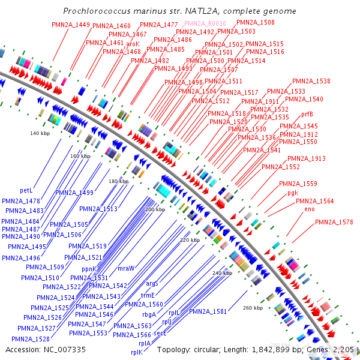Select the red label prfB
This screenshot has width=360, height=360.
point(307,113)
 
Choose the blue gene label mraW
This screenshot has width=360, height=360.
point(126,268)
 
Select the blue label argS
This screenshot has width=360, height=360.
point(152,283)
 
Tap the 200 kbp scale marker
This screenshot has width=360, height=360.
point(155,209)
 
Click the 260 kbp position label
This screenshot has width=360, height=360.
point(253,308)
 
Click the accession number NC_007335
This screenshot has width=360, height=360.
point(61,349)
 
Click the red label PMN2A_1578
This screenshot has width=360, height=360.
point(334,223)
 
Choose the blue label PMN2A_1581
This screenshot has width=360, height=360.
point(208,311)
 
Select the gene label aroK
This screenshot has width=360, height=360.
point(133,44)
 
